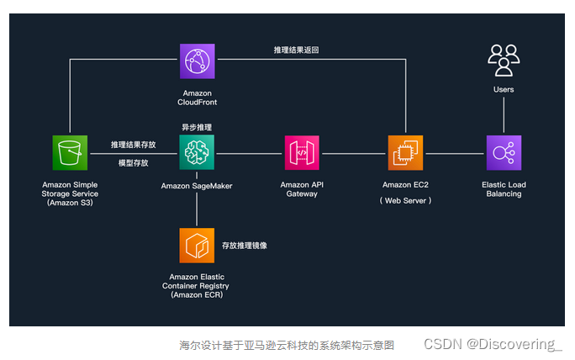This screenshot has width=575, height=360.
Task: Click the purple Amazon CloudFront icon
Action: (x=197, y=61)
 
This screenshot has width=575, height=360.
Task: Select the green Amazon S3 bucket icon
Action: (x=70, y=153)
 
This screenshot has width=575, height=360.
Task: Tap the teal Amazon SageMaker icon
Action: (x=197, y=153)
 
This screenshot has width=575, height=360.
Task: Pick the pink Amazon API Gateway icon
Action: (x=301, y=153)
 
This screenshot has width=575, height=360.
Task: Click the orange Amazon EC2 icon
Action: (x=405, y=153)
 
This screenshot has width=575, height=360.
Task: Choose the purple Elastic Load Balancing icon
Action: (x=504, y=153)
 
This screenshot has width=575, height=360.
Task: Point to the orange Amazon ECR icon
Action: (x=197, y=245)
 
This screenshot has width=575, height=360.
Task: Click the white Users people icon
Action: (x=504, y=60)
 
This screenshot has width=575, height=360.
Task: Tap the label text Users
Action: (x=504, y=89)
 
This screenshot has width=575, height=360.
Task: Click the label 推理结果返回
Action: (x=296, y=50)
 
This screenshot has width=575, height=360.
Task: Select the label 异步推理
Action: (x=197, y=127)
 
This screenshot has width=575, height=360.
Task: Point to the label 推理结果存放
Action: (x=133, y=145)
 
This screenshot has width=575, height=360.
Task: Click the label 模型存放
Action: (x=133, y=162)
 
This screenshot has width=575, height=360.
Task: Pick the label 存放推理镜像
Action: (x=245, y=246)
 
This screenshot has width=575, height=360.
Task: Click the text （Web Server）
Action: (x=405, y=200)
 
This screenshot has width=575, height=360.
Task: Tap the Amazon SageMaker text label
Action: (x=197, y=186)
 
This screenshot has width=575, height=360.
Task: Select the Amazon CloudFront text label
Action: (x=197, y=98)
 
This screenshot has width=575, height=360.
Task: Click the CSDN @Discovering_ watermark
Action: (x=492, y=344)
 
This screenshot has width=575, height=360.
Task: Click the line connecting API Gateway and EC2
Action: (x=353, y=154)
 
